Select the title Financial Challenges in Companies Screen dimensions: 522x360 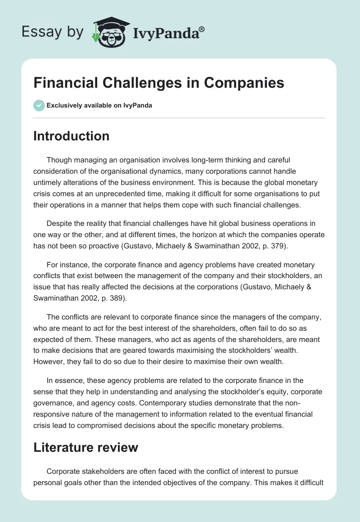158,84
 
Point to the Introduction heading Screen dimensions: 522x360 71,136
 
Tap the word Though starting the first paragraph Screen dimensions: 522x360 58,159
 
